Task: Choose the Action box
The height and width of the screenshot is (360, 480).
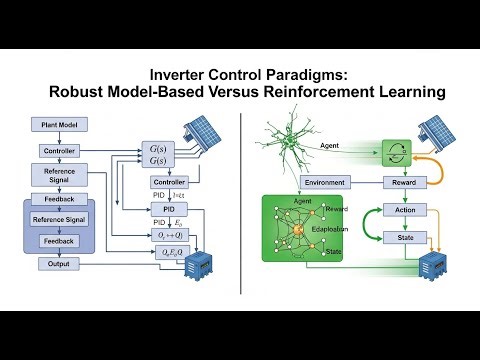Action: pos(405,212)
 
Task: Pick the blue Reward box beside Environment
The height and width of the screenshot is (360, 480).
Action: pos(405,183)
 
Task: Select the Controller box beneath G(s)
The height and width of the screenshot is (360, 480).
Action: pos(170,182)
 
